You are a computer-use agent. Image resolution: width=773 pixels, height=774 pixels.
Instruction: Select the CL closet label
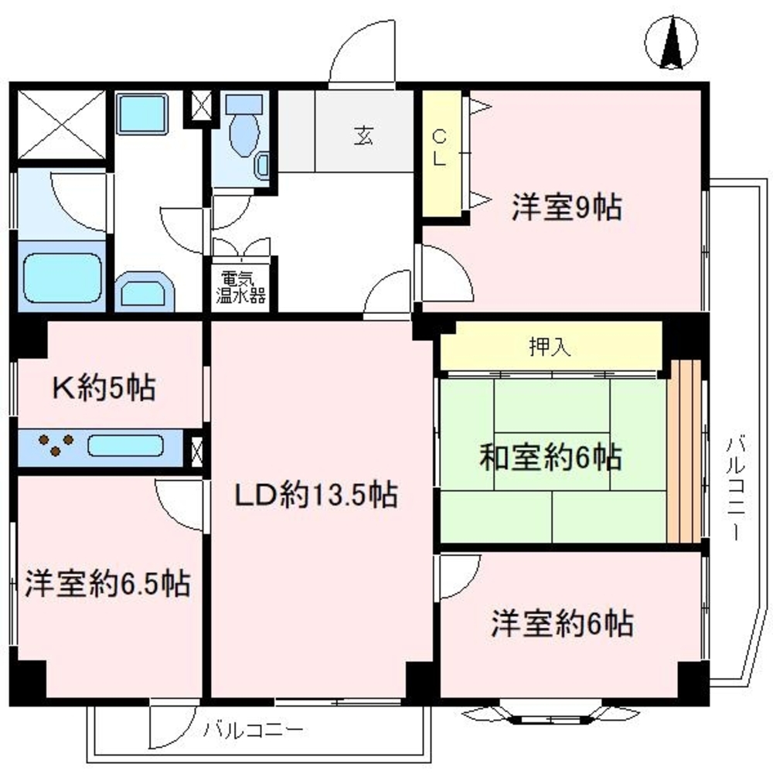[x=438, y=148]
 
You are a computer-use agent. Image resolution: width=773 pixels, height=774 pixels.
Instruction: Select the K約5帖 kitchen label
[x=103, y=387]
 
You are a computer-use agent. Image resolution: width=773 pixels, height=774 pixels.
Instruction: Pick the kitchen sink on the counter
[x=125, y=446]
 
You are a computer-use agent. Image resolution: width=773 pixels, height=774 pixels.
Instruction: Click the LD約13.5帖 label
[x=317, y=495]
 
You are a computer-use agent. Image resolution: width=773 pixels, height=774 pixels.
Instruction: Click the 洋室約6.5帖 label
[x=107, y=583]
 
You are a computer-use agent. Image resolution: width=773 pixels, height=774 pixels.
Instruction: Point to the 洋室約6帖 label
[x=562, y=622]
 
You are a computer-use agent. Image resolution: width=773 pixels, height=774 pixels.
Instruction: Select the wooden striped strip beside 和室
[x=684, y=452]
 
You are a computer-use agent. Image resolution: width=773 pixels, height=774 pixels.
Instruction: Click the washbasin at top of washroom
[x=143, y=114]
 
